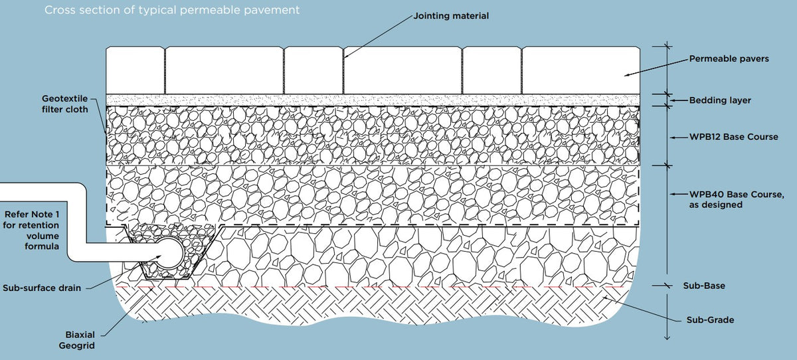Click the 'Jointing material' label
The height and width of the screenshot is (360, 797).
pyautogui.click(x=451, y=15)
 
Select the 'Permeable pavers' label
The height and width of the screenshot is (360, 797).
pyautogui.click(x=729, y=59)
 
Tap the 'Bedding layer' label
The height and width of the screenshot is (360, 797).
pyautogui.click(x=720, y=100)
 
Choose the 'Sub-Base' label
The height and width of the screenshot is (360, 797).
pyautogui.click(x=704, y=286)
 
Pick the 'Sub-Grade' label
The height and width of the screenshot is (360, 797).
pyautogui.click(x=710, y=320)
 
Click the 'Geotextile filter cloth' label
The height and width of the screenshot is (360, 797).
pyautogui.click(x=64, y=104)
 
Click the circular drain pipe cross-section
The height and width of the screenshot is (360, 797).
pyautogui.click(x=171, y=252)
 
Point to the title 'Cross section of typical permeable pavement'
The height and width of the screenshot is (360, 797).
pyautogui.click(x=171, y=11)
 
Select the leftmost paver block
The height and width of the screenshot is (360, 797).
pyautogui.click(x=135, y=70)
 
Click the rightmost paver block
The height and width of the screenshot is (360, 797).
pyautogui.click(x=582, y=70)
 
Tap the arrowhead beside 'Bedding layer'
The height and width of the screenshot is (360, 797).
pyautogui.click(x=673, y=100)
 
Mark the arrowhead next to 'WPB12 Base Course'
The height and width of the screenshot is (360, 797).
pyautogui.click(x=673, y=137)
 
